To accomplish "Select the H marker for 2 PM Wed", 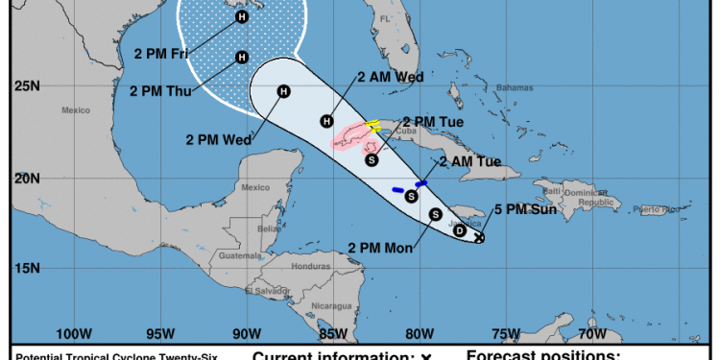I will point(283,91).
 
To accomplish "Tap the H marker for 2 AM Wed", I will point(327,121).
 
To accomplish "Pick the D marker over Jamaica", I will point(460,230).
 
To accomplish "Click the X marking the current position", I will point(479,237).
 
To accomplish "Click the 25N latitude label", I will point(26,87).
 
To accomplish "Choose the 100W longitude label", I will point(74,334).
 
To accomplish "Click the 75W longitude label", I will point(506,334).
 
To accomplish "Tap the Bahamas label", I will point(513,87).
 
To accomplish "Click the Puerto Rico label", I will point(663,208).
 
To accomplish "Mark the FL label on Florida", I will point(386,19).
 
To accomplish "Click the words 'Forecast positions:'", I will point(542,354).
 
